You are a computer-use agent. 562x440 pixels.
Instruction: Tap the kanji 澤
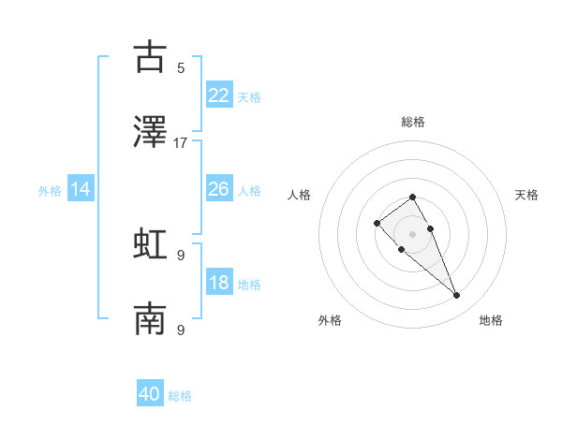click(150, 132)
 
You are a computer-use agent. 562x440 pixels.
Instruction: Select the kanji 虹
click(150, 243)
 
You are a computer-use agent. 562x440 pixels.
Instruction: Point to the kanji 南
click(150, 319)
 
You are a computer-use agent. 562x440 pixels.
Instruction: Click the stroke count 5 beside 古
click(181, 68)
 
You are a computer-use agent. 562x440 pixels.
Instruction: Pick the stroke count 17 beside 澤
click(181, 143)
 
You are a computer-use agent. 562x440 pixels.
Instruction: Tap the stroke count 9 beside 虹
click(181, 255)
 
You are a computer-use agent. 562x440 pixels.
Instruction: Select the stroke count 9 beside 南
click(181, 330)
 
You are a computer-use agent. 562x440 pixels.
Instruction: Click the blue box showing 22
click(219, 95)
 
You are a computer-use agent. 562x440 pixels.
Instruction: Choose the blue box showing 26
click(219, 189)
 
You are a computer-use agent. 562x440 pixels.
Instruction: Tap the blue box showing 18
click(219, 283)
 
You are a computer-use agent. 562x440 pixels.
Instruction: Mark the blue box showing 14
click(81, 189)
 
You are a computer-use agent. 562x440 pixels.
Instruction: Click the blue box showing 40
click(150, 394)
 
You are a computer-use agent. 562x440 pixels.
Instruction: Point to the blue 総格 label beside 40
click(180, 396)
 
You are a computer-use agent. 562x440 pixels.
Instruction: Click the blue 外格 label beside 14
click(50, 191)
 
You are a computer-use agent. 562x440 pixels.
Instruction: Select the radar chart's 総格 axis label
click(413, 122)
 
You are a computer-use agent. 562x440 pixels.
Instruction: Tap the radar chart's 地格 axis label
click(491, 320)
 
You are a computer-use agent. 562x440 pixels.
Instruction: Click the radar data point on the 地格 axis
click(457, 296)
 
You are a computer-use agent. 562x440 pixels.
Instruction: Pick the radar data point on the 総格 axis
click(413, 197)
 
